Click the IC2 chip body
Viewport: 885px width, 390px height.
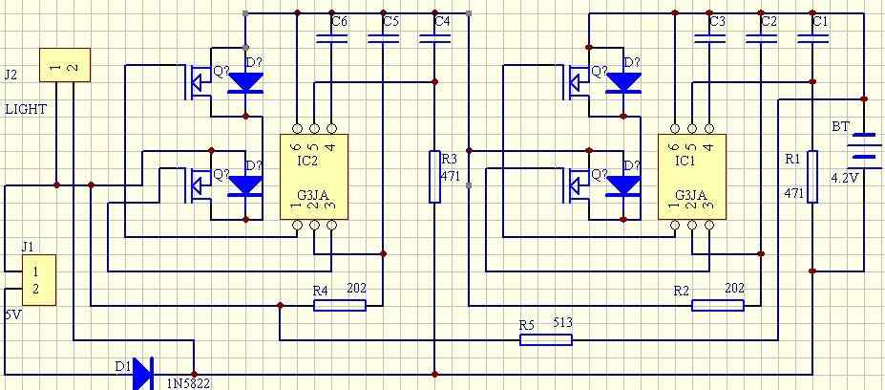314,176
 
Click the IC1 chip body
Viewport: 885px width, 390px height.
692,176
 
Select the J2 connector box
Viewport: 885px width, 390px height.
64,65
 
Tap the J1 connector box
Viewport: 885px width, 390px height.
39,280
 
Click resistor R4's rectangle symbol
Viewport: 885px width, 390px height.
340,306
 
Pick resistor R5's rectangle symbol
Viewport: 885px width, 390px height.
546,339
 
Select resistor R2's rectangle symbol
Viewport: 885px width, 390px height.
718,306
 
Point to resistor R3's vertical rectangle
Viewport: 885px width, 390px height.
434,176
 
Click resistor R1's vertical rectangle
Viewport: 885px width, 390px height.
812,176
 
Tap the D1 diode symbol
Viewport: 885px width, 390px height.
143,374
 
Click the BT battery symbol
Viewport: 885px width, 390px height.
864,151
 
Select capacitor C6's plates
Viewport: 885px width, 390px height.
331,39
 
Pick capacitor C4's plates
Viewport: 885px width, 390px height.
434,39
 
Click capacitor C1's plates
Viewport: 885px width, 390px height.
812,39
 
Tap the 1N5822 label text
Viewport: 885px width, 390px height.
188,383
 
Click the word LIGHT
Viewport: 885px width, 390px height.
26,110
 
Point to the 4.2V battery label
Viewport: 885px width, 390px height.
844,178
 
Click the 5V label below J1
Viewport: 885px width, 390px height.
13,315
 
